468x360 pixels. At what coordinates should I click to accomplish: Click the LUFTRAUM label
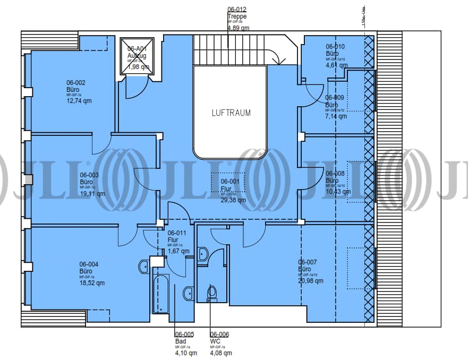(231, 113)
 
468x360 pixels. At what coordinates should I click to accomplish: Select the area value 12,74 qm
(79, 100)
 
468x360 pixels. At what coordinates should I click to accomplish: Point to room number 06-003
(89, 175)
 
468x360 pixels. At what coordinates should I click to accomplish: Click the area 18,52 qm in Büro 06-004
(92, 283)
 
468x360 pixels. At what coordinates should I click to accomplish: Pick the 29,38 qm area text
(233, 200)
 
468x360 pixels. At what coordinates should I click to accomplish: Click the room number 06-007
(308, 262)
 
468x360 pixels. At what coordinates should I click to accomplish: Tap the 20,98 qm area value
(311, 281)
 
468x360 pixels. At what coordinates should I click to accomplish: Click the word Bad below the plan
(180, 341)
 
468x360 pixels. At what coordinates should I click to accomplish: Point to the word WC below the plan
(215, 341)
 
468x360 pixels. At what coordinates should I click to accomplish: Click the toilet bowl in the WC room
(212, 292)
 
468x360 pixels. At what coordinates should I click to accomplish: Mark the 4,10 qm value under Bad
(185, 353)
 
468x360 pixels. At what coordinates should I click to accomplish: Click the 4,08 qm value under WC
(221, 353)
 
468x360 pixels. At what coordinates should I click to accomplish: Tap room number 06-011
(177, 233)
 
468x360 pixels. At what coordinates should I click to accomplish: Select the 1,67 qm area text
(178, 251)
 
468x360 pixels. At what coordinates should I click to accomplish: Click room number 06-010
(335, 46)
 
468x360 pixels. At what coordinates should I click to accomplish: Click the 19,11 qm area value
(92, 194)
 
